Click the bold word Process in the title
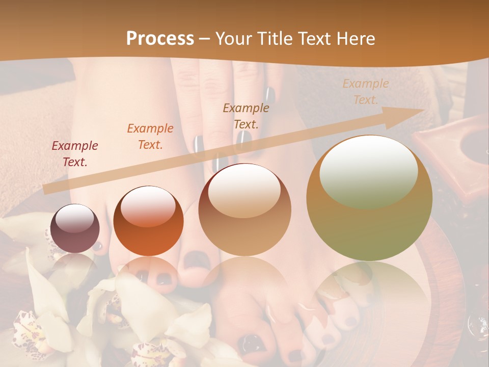click(x=160, y=39)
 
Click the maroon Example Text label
click(x=75, y=154)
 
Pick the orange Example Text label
click(x=150, y=136)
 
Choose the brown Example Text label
click(x=246, y=116)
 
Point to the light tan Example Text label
click(x=365, y=91)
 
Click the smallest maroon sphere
click(x=75, y=229)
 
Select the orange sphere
click(x=148, y=221)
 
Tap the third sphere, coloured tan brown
click(x=245, y=209)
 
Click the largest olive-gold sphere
click(x=369, y=198)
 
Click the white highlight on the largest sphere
click(x=368, y=172)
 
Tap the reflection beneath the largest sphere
click(x=369, y=291)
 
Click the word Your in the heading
click(x=233, y=39)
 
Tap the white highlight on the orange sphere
click(x=148, y=206)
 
